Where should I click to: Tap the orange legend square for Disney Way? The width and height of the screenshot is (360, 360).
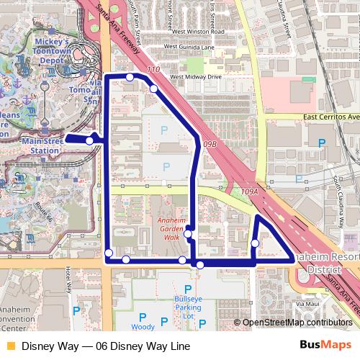(9, 346)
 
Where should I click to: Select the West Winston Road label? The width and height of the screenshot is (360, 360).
(196, 32)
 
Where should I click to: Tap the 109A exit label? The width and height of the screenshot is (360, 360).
(250, 192)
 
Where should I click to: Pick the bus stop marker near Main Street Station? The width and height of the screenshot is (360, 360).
(89, 140)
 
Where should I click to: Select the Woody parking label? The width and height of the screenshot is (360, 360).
(143, 326)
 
